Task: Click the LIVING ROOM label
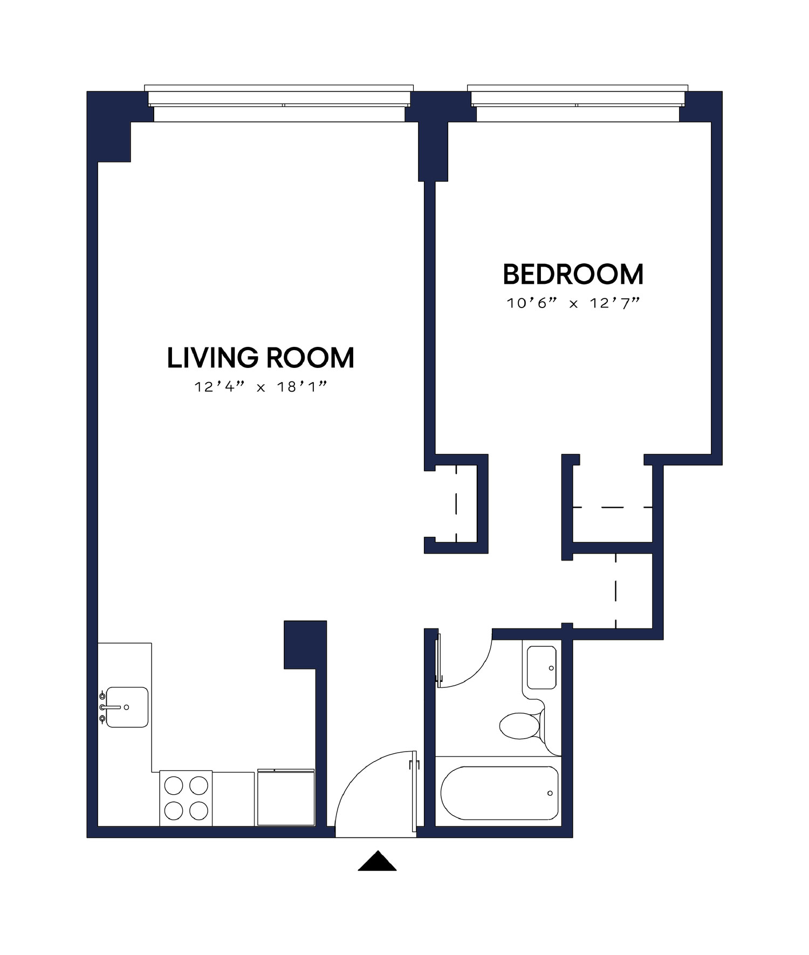click(x=260, y=358)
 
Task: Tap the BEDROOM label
click(x=573, y=274)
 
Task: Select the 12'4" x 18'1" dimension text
click(x=261, y=387)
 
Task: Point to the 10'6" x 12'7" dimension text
click(x=573, y=303)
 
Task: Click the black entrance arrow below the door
click(x=377, y=862)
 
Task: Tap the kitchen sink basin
click(x=127, y=707)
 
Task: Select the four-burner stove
click(x=186, y=798)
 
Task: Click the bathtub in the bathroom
click(x=499, y=793)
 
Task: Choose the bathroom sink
click(x=541, y=667)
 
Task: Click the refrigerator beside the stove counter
click(x=286, y=798)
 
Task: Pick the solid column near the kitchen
click(x=305, y=645)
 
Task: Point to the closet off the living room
click(x=456, y=503)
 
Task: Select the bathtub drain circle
click(x=550, y=793)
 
